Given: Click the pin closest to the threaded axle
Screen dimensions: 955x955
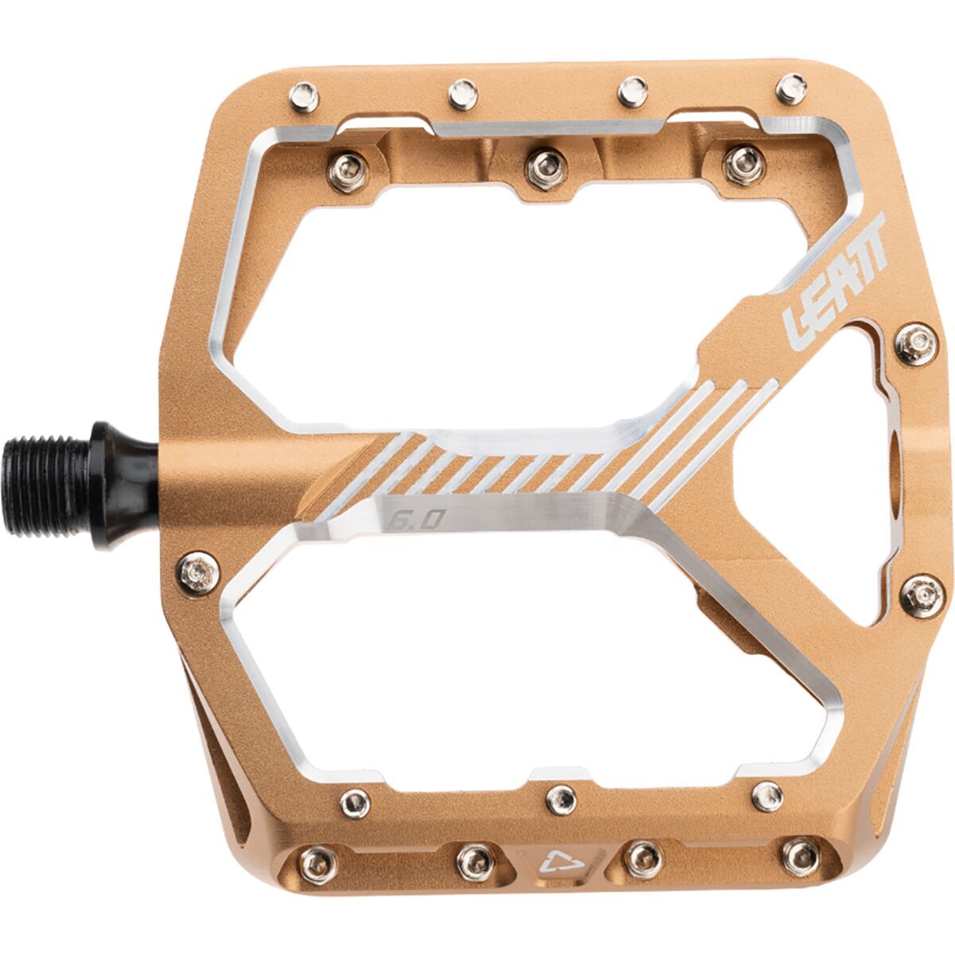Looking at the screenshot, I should (x=194, y=570).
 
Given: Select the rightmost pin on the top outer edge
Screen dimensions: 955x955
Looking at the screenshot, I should (x=790, y=89).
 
